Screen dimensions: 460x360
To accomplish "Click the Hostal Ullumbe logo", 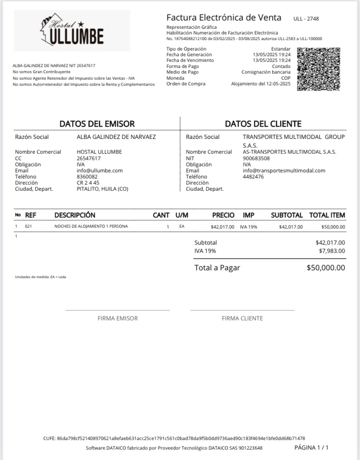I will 72,31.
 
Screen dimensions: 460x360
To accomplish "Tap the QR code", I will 318,69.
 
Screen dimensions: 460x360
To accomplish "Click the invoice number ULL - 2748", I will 306,19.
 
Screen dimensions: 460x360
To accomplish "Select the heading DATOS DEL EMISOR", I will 97,124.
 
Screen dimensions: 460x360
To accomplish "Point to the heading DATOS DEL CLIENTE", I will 263,124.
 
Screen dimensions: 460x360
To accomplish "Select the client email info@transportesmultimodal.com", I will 284,171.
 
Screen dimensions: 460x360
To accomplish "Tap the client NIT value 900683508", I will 256,158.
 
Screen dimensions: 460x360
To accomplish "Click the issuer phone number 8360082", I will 87,177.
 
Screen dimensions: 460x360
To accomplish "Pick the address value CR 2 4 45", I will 88,183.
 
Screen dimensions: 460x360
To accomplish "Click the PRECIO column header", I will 223,215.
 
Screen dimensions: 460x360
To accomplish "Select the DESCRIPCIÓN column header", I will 75,215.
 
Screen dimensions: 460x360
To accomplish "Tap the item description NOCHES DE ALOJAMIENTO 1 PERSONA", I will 91,226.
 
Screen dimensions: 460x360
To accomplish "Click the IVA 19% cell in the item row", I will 248,227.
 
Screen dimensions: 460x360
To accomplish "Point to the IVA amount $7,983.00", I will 332,251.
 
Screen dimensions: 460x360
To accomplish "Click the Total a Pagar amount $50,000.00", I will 326,268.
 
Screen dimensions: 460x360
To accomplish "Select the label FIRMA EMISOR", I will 117,318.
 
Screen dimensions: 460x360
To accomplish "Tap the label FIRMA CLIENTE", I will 242,318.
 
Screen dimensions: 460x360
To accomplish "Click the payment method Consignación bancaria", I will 266,72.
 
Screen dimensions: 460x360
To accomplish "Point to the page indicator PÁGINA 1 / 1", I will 311,447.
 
